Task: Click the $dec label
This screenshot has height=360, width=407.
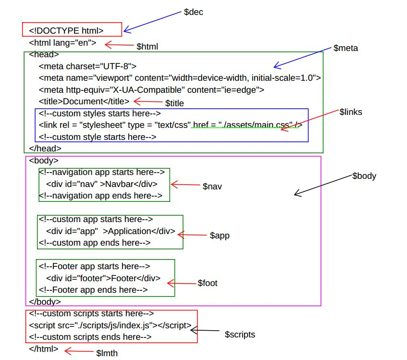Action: (193, 12)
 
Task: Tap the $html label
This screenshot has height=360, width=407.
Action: (147, 47)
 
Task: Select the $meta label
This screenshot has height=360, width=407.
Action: (345, 48)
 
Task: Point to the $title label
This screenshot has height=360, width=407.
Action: (174, 103)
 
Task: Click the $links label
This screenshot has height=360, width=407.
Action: (351, 112)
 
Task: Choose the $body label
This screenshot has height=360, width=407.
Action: (364, 176)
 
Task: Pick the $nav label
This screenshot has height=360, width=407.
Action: (212, 186)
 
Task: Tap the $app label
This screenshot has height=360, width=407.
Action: (220, 236)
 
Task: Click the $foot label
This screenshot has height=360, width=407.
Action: (208, 283)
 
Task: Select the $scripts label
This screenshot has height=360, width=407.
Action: (240, 335)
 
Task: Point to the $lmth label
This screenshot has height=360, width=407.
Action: (107, 353)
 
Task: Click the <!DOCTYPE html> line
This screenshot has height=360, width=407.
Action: (66, 31)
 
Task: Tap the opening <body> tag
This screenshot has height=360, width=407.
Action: (44, 161)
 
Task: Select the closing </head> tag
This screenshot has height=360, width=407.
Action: (45, 149)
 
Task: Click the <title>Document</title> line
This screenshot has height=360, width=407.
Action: (84, 101)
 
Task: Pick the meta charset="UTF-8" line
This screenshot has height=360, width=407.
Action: (87, 66)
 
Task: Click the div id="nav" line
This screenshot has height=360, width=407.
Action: (102, 184)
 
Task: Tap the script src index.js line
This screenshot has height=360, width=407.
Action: (110, 325)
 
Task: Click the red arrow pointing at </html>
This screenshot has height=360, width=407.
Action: (79, 351)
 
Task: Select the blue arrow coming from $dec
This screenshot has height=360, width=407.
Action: (152, 22)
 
